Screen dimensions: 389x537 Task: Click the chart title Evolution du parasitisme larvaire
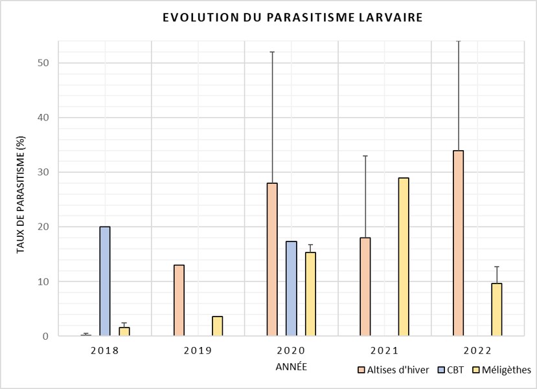pyautogui.click(x=292, y=17)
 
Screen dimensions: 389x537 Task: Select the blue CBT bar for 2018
pyautogui.click(x=105, y=282)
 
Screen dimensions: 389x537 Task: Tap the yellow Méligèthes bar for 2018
pyautogui.click(x=124, y=331)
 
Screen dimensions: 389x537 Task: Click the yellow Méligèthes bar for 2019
pyautogui.click(x=218, y=326)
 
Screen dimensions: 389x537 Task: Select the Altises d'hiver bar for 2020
pyautogui.click(x=272, y=260)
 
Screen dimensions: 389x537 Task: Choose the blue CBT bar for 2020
pyautogui.click(x=291, y=289)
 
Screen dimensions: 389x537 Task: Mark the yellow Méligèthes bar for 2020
pyautogui.click(x=310, y=294)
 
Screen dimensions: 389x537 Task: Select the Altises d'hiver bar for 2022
pyautogui.click(x=458, y=243)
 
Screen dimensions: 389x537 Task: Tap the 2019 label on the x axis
pyautogui.click(x=198, y=351)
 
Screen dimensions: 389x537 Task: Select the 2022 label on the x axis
pyautogui.click(x=477, y=351)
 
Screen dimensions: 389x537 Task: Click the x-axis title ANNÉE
pyautogui.click(x=291, y=367)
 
